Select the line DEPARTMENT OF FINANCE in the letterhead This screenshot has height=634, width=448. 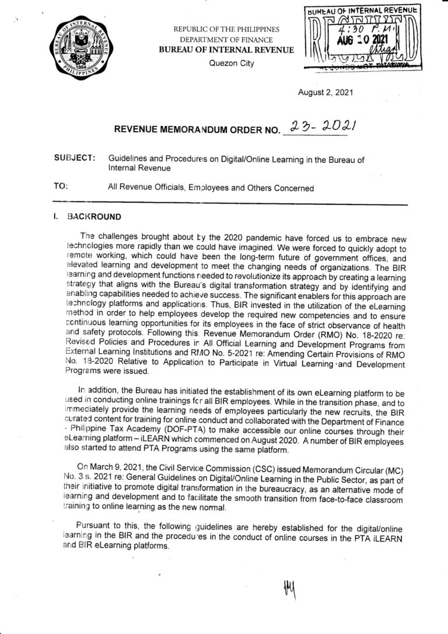227,40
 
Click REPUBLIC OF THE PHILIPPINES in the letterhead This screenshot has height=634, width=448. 226,30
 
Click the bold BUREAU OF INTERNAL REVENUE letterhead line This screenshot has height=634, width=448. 227,51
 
